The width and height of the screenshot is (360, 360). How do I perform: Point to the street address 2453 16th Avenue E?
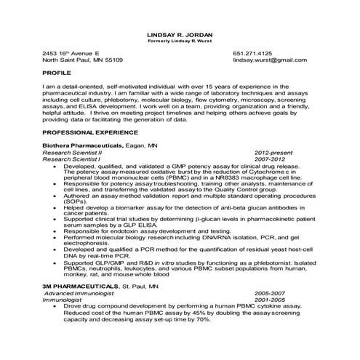(x=71, y=53)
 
